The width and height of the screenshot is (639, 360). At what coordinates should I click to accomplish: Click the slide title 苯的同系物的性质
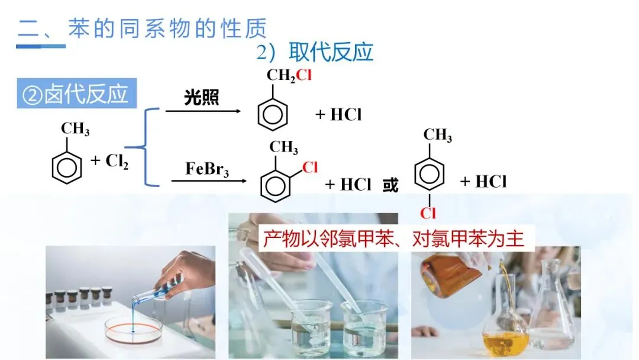click(167, 28)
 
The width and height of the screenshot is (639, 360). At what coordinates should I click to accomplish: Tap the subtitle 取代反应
click(331, 52)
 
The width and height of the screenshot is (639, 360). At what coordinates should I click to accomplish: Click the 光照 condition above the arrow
click(201, 98)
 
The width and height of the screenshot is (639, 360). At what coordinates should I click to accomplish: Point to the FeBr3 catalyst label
click(207, 169)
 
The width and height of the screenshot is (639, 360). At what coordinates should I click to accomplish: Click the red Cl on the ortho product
click(310, 168)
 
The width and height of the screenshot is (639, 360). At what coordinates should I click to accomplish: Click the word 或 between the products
click(390, 185)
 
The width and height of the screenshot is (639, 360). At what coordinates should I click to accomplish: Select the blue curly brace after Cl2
click(144, 147)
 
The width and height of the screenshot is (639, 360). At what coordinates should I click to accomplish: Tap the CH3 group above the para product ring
click(438, 135)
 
